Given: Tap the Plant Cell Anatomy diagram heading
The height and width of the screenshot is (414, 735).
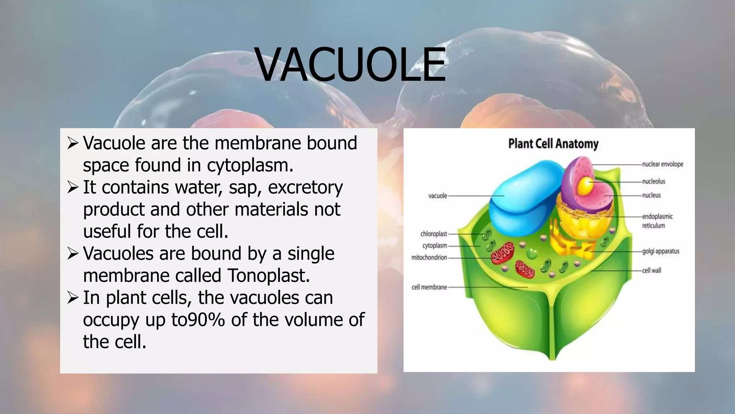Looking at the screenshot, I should (x=553, y=144).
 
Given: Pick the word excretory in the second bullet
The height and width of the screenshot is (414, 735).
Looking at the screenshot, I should (x=305, y=188).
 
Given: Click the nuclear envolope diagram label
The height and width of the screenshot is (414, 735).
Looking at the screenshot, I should (x=663, y=164).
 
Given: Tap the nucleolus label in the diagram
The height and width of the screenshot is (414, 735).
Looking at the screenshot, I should (x=654, y=181).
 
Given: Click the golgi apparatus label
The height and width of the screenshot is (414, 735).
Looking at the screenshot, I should (x=660, y=251).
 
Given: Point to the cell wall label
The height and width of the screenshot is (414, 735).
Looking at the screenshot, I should (x=651, y=270).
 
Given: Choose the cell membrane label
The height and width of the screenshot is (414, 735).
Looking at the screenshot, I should (x=429, y=287).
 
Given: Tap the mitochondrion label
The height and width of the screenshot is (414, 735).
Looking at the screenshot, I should (x=429, y=257).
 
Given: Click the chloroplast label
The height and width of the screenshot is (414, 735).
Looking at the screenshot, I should (x=434, y=234).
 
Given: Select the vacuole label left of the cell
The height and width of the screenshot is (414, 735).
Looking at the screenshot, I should (x=437, y=196).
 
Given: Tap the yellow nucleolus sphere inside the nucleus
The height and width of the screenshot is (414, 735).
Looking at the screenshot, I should (x=585, y=185).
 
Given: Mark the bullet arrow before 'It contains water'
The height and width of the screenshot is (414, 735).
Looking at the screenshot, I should (x=72, y=188).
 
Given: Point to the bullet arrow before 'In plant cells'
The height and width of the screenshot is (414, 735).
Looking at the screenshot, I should (x=72, y=298).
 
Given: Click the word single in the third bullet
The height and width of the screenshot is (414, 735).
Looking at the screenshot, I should (x=311, y=254).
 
